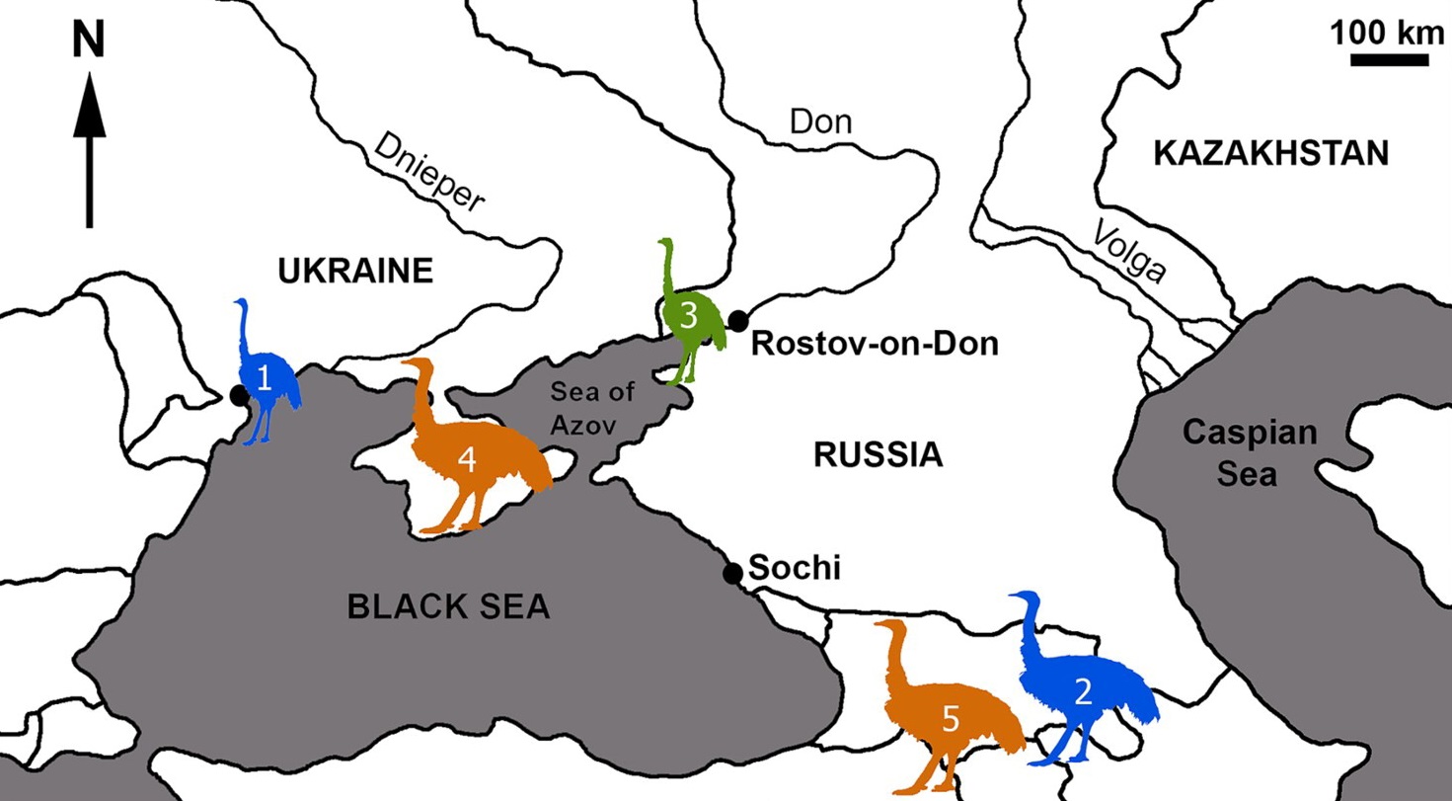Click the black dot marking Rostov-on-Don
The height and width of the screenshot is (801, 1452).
(738, 319)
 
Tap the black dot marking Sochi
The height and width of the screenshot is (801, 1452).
(732, 573)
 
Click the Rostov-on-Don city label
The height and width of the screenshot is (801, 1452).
(875, 344)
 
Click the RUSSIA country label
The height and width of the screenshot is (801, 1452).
(878, 455)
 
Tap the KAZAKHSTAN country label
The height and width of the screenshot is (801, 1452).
(1270, 154)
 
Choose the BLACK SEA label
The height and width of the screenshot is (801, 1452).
(447, 606)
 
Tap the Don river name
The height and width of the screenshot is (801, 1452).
(820, 121)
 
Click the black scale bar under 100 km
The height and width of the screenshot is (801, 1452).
(1389, 59)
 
